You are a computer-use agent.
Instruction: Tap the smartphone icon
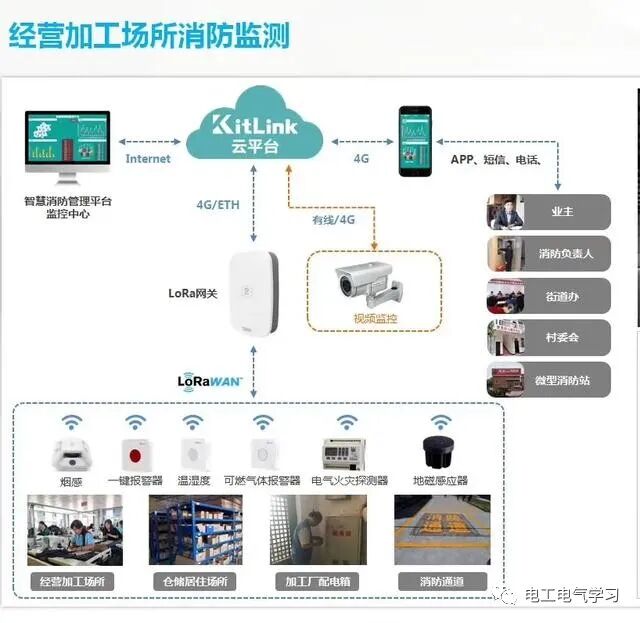tap(415, 141)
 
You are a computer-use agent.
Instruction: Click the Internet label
tap(148, 158)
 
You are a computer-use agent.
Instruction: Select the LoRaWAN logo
tap(210, 380)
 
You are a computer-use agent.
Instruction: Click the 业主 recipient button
tap(548, 212)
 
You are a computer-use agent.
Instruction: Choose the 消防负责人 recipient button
tap(548, 254)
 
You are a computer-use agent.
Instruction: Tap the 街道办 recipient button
tap(548, 296)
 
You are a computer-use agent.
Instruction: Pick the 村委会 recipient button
tap(548, 338)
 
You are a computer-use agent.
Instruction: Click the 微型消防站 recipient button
tap(548, 380)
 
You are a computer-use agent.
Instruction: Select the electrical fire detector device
tap(349, 453)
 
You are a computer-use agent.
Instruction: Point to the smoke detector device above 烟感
tap(70, 453)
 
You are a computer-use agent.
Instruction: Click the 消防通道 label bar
tap(441, 581)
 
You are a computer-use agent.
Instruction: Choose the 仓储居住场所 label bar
tap(196, 581)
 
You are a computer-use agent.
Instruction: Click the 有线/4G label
tap(333, 220)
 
